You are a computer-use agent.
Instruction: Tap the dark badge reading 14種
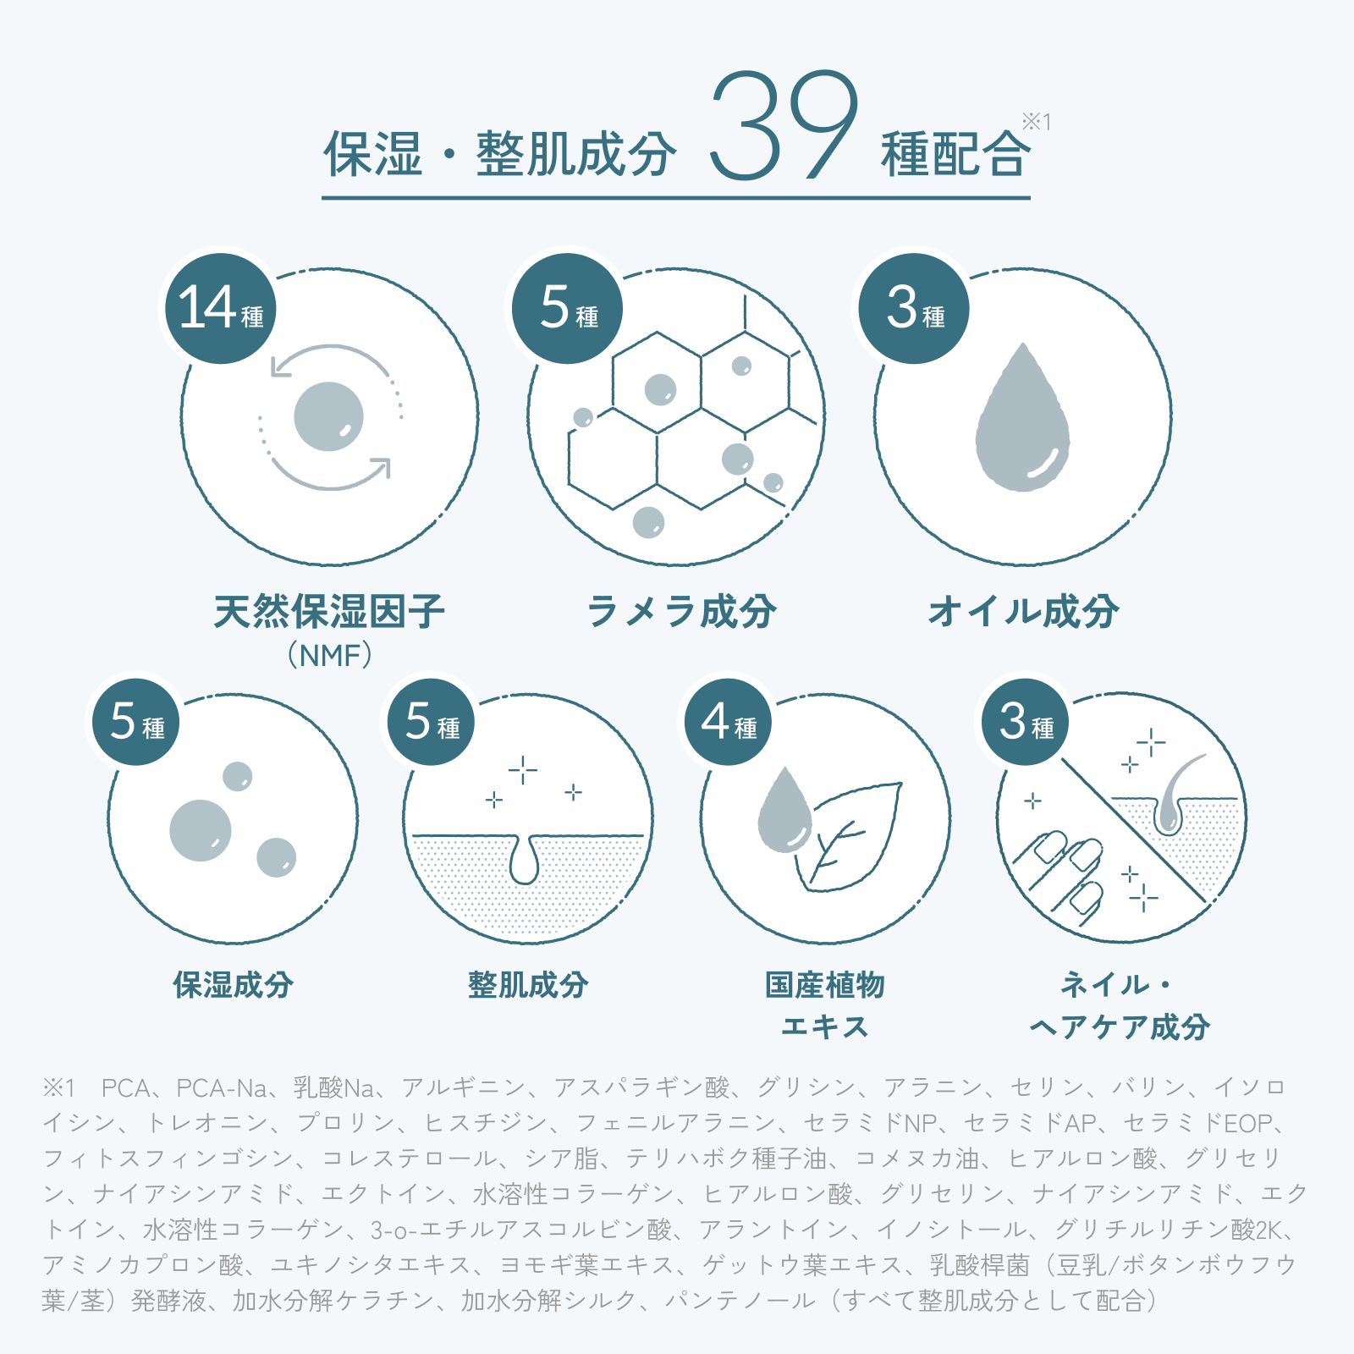pyautogui.click(x=221, y=309)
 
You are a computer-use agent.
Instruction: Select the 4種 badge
pyautogui.click(x=728, y=722)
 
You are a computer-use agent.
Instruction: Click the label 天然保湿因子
pyautogui.click(x=329, y=611)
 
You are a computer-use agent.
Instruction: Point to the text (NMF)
pyautogui.click(x=329, y=655)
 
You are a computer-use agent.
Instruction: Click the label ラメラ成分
pyautogui.click(x=681, y=611)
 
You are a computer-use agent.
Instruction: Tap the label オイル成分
pyautogui.click(x=1023, y=611)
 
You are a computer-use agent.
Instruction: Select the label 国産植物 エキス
pyautogui.click(x=825, y=1005)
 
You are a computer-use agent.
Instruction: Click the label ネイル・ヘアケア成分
pyautogui.click(x=1119, y=1005)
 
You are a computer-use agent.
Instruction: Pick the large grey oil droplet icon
pyautogui.click(x=1022, y=419)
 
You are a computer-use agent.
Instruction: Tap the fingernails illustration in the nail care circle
pyautogui.click(x=1062, y=876)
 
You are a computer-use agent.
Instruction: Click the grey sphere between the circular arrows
pyautogui.click(x=329, y=416)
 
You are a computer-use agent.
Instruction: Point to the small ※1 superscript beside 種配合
pyautogui.click(x=1037, y=122)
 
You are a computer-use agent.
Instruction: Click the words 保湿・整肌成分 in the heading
pyautogui.click(x=500, y=154)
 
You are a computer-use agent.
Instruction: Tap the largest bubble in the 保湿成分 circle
pyautogui.click(x=201, y=830)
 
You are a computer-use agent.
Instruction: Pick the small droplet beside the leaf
pyautogui.click(x=784, y=810)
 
